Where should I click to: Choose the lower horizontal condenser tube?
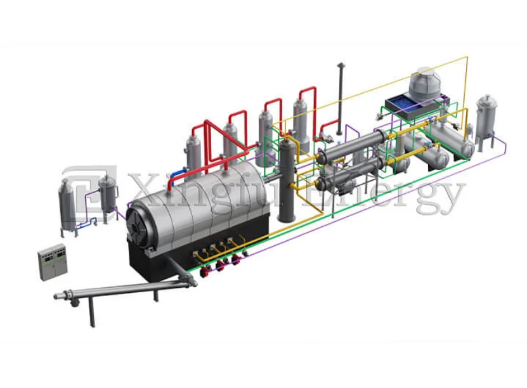(342, 183)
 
